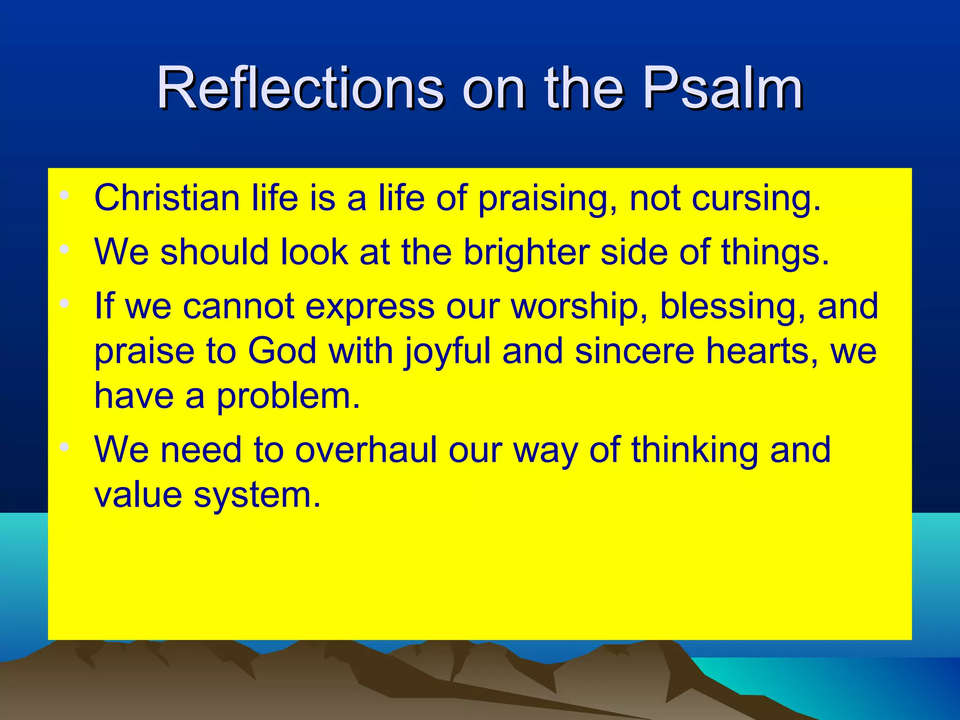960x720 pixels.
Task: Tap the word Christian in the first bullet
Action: [167, 198]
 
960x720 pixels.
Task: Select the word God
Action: [282, 351]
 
